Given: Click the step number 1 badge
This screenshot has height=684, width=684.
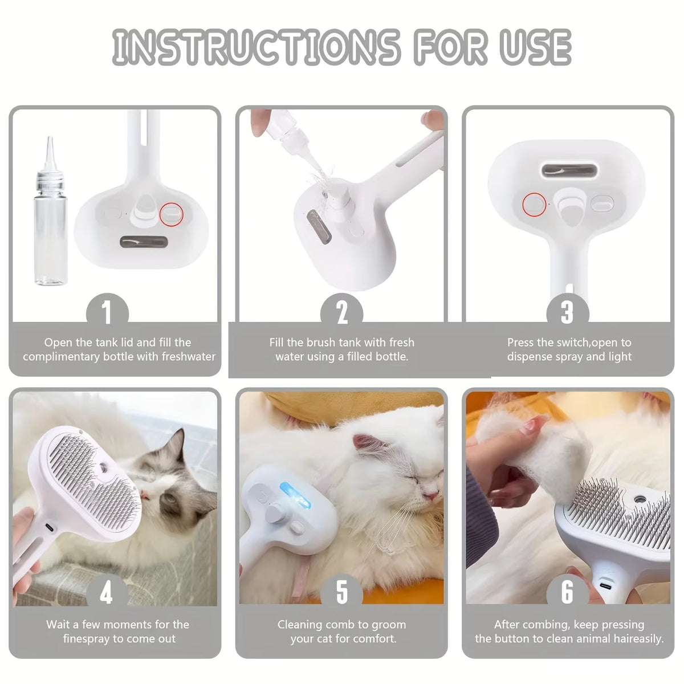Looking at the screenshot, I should (107, 313).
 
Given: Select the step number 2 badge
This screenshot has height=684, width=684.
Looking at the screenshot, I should (341, 313).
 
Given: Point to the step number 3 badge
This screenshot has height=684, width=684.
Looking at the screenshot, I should (567, 313).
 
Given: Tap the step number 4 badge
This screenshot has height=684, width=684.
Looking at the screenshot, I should (107, 593).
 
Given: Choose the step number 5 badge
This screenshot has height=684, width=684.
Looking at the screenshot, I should (341, 593).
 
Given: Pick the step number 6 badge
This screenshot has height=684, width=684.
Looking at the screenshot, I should (567, 593).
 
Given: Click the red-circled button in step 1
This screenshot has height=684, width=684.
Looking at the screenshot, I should (172, 214).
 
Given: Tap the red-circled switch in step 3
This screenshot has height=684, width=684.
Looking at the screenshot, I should (534, 203).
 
